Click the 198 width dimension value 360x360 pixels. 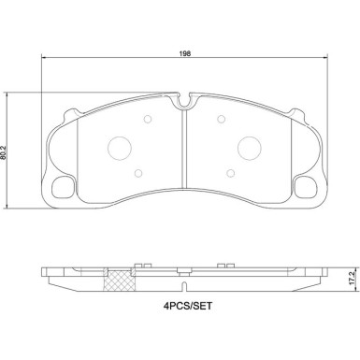185,53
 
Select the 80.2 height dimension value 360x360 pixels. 4,152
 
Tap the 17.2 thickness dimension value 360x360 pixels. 353,278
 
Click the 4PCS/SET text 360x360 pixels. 188,306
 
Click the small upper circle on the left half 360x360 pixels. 148,119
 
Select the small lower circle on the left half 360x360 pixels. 138,173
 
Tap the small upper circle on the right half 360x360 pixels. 221,119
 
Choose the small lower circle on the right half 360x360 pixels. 231,173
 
